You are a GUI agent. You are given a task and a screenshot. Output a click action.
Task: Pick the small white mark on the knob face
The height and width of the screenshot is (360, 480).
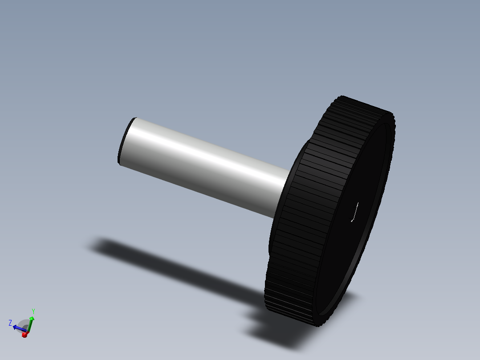[355, 212]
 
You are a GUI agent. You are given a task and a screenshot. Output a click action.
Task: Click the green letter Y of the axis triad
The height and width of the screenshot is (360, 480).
[33, 311]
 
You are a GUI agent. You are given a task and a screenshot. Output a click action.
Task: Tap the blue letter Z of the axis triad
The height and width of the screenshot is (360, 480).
[10, 323]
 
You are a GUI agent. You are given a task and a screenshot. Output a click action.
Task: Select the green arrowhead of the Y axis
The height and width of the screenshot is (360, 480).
[32, 319]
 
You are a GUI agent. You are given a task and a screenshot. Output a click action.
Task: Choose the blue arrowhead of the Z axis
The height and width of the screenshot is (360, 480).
[15, 327]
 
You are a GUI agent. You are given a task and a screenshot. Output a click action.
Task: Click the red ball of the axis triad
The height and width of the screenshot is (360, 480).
[24, 334]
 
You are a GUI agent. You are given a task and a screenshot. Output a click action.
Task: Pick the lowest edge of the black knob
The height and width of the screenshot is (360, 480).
[319, 326]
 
